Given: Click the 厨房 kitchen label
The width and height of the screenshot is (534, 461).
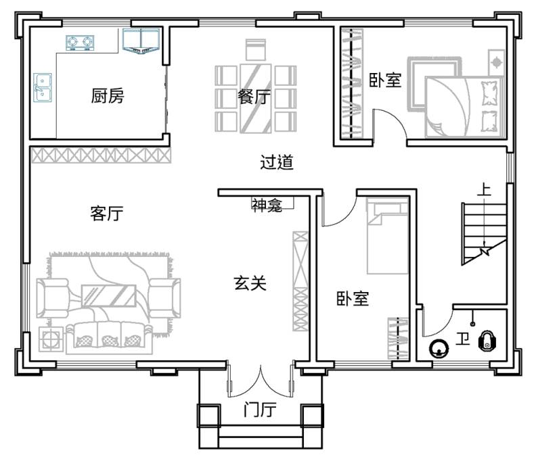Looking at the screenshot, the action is coord(108,95).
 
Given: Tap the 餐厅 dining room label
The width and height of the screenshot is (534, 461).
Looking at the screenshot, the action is coord(254,97).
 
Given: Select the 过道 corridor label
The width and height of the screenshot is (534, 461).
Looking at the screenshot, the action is coord(277,162).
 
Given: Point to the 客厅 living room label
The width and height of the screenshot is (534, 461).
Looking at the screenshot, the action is coord(106,214).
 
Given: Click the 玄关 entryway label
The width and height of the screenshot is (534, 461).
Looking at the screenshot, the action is coord(250,283).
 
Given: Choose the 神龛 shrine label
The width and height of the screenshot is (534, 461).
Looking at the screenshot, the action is coord(267,205).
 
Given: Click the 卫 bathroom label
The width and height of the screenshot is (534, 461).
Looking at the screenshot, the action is coord(463,339).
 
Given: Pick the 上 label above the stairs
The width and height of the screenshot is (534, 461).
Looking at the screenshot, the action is coord(484,189).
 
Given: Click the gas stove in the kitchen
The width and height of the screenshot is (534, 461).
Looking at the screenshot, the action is coord(80,43).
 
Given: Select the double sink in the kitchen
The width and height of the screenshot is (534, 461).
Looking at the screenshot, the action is coord(43,88).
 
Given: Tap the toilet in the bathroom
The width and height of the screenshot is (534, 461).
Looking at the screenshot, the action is coord(488,340).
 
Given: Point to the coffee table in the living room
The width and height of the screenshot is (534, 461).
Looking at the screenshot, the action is coord(109,296).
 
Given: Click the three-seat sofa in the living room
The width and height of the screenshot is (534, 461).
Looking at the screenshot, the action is coord(109,337).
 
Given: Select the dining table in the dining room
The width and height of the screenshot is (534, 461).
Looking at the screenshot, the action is coord(255,98).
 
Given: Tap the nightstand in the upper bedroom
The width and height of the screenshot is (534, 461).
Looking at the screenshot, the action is coord(496,63).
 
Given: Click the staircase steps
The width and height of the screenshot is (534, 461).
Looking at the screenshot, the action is coord(484,234).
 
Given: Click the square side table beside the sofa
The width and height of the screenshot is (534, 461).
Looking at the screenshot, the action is coord(51,339).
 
